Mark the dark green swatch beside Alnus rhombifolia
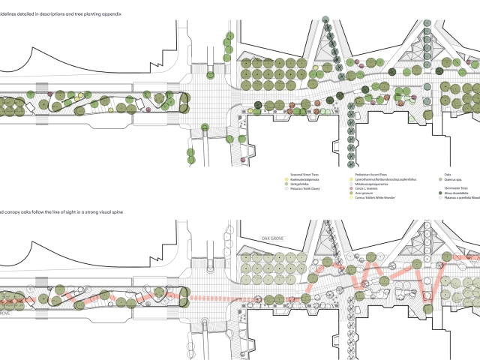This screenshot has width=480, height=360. pos(439,193)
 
